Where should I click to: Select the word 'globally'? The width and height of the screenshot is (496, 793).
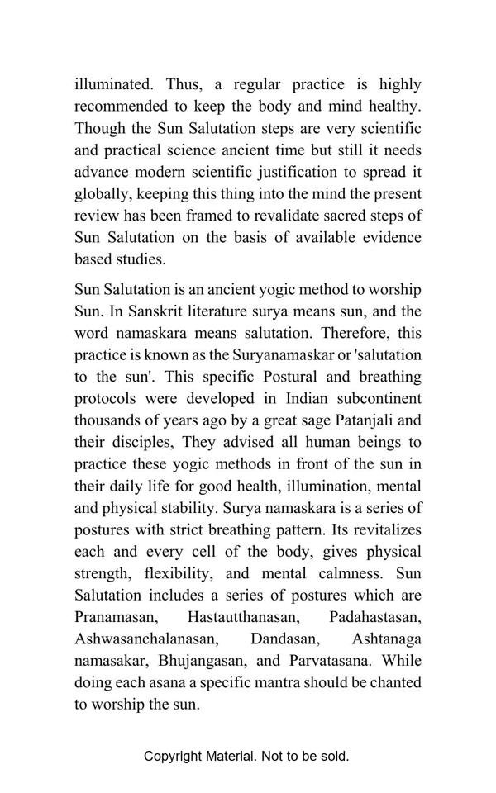click(x=102, y=194)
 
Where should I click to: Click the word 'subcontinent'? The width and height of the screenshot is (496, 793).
click(x=372, y=399)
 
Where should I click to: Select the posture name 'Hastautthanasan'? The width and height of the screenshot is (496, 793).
click(x=246, y=617)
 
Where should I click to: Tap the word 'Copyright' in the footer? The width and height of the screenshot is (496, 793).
click(x=174, y=757)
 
